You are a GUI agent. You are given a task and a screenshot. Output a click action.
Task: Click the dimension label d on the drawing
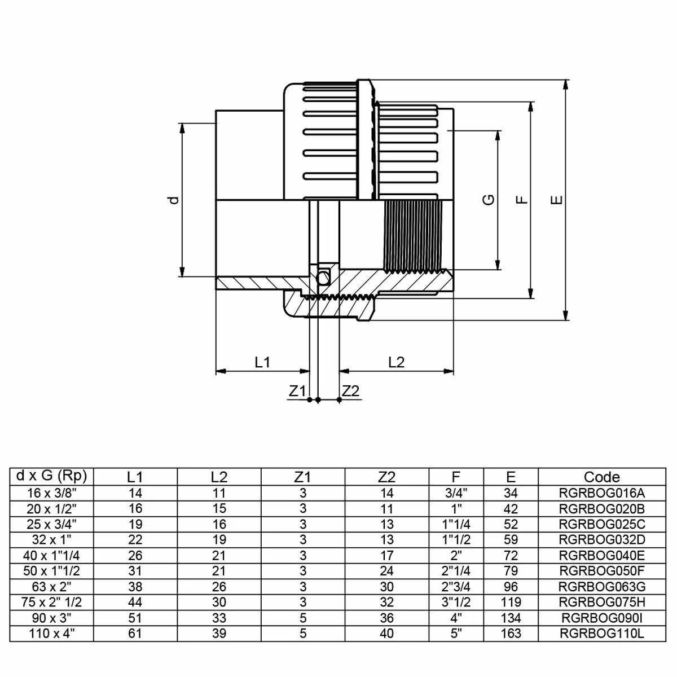click(x=174, y=199)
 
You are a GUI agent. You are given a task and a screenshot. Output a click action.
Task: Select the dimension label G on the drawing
click(x=489, y=199)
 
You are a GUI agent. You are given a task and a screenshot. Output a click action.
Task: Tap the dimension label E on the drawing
click(x=557, y=199)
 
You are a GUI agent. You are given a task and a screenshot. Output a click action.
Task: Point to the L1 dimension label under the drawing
click(x=263, y=362)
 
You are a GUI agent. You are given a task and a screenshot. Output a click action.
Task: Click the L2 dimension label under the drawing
click(x=397, y=362)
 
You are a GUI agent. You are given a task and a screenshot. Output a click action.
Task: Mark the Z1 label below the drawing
click(x=297, y=391)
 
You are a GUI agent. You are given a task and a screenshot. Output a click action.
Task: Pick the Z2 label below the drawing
click(x=351, y=391)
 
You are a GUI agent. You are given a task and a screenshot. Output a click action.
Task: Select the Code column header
click(x=601, y=477)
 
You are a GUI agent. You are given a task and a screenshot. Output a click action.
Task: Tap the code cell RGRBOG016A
click(x=601, y=493)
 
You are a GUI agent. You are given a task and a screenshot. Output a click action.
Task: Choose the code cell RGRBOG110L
click(x=601, y=634)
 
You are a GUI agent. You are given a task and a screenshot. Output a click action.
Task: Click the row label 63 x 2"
click(x=52, y=587)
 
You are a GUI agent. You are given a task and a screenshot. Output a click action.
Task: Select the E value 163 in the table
click(x=511, y=634)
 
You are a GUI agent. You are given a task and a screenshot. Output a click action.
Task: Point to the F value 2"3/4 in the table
click(x=456, y=587)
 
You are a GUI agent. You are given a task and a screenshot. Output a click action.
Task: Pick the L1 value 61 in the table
click(x=135, y=634)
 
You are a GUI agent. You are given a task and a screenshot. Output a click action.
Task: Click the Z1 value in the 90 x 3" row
click(x=303, y=618)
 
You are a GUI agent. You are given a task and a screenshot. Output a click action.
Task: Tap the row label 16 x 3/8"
click(x=52, y=493)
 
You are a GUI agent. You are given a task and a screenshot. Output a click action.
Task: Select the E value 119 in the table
click(x=511, y=602)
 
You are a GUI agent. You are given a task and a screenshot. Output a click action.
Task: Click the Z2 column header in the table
click(x=386, y=477)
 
